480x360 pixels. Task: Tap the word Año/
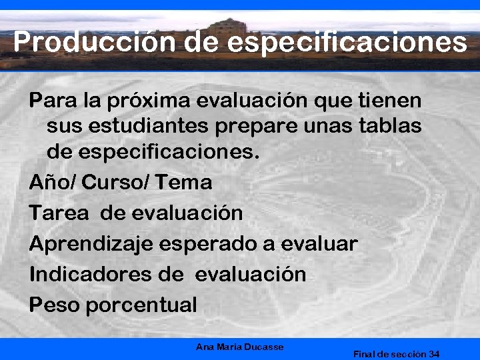[x=53, y=182]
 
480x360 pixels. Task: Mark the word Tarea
[x=58, y=213]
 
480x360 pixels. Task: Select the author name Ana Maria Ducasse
[x=240, y=347]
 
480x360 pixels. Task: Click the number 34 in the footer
[x=434, y=354]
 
